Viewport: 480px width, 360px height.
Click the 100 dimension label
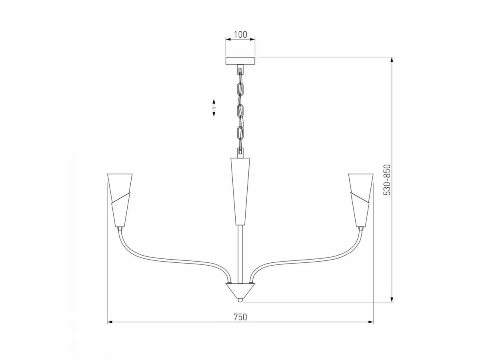pos(240,34)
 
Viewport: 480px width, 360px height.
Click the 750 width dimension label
pos(240,317)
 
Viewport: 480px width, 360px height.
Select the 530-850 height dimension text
pos(387,180)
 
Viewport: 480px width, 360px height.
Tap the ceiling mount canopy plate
pos(240,60)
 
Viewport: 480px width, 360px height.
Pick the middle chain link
pos(240,112)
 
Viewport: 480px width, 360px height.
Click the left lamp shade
pos(120,200)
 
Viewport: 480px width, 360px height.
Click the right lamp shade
pos(361,200)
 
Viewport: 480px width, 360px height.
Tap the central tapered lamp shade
pos(240,191)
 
